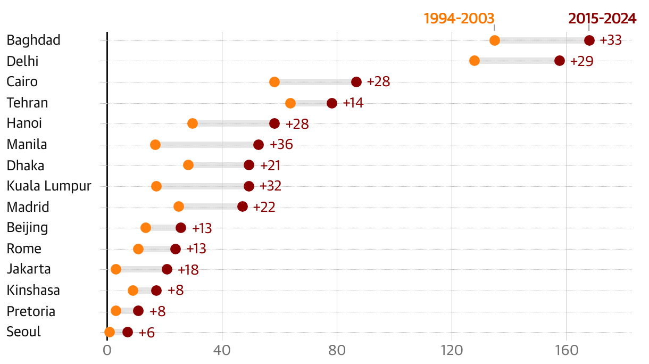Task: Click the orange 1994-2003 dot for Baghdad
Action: pyautogui.click(x=495, y=40)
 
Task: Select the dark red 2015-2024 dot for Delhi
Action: pyautogui.click(x=560, y=61)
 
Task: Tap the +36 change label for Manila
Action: pyautogui.click(x=281, y=145)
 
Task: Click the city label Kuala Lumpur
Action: pyautogui.click(x=49, y=186)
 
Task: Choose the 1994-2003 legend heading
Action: pyautogui.click(x=459, y=19)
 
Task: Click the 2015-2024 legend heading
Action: pyautogui.click(x=602, y=19)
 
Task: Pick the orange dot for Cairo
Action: pyautogui.click(x=274, y=82)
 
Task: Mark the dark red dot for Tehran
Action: pyautogui.click(x=332, y=103)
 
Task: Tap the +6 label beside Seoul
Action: pyautogui.click(x=146, y=333)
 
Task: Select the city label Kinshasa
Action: pyautogui.click(x=33, y=291)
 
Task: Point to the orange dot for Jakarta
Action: pyautogui.click(x=116, y=269)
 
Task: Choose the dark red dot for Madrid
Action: pyautogui.click(x=243, y=206)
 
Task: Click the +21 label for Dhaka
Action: pyautogui.click(x=270, y=166)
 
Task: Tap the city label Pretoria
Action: pyautogui.click(x=31, y=311)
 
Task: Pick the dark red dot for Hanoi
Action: pyautogui.click(x=274, y=123)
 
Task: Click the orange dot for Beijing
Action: pyautogui.click(x=146, y=228)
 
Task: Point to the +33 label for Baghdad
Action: pyautogui.click(x=611, y=40)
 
